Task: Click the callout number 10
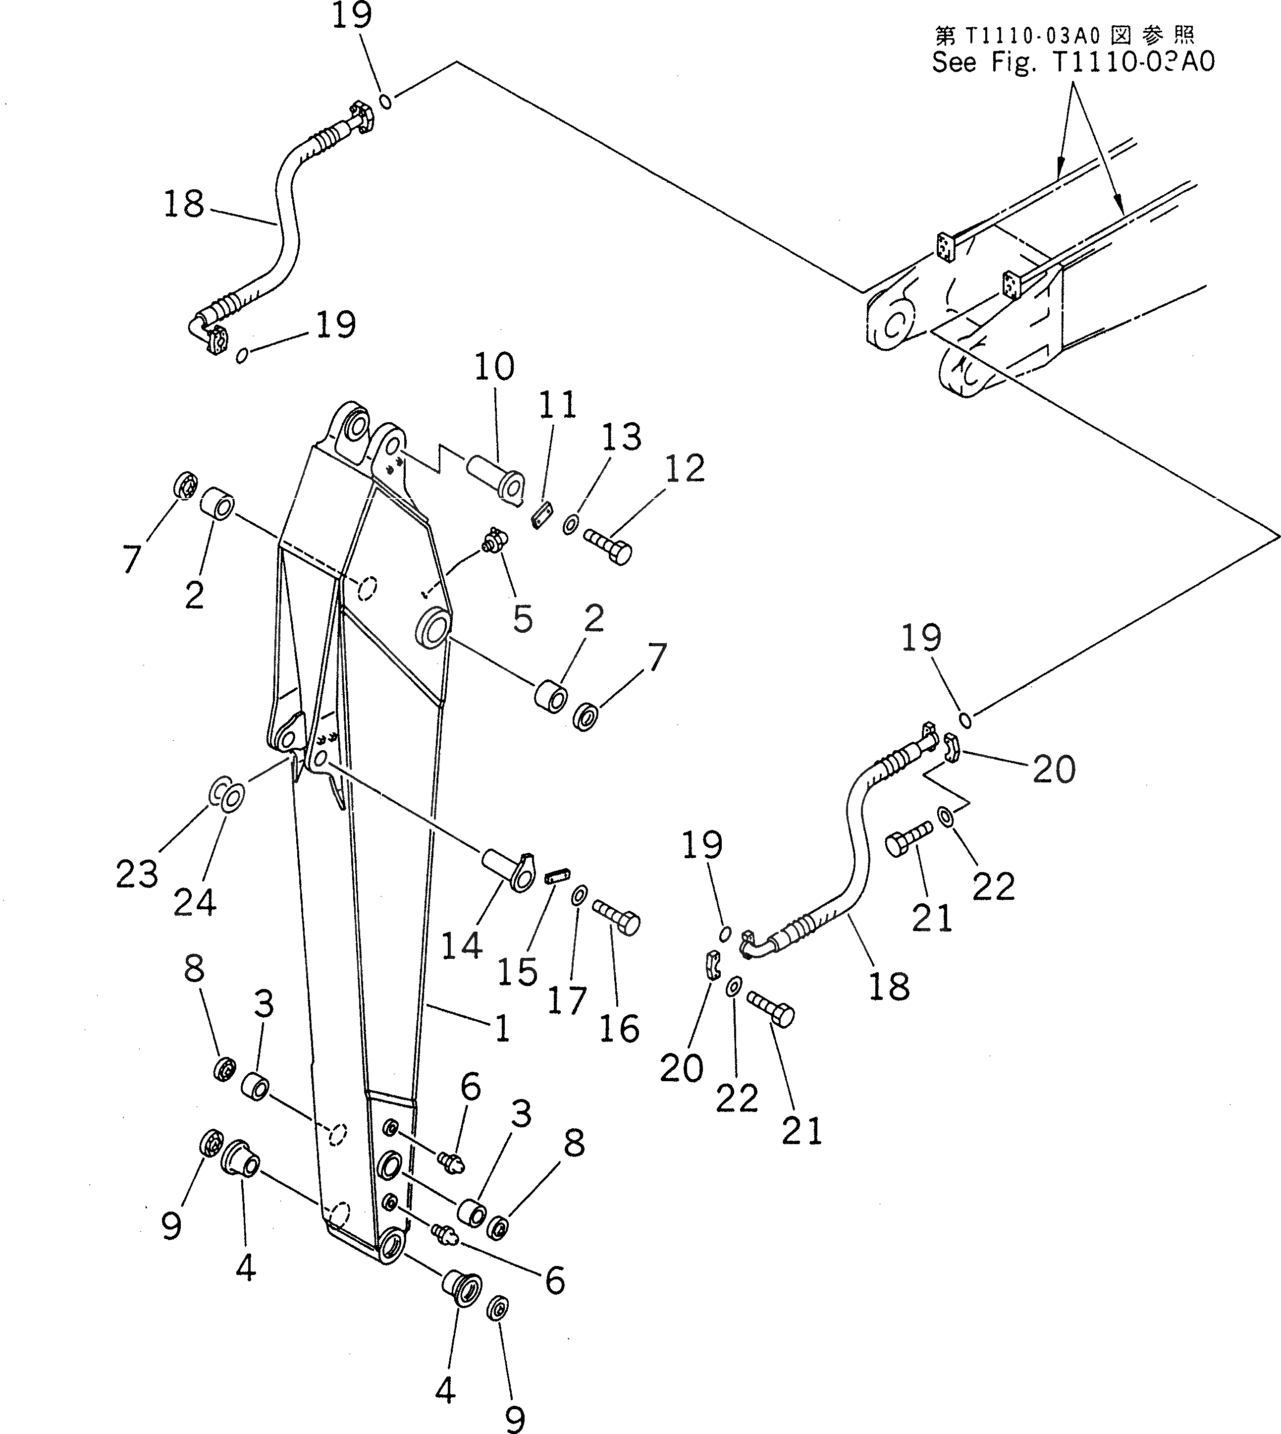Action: click(x=494, y=368)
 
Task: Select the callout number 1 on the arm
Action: click(x=502, y=1029)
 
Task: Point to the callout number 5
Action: click(x=522, y=619)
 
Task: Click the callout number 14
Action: click(x=462, y=945)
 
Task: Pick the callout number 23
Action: click(x=137, y=875)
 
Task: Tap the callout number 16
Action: click(x=619, y=1029)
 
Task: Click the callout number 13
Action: click(x=622, y=437)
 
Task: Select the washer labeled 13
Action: click(x=572, y=524)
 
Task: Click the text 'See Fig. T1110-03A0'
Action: click(x=1073, y=62)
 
